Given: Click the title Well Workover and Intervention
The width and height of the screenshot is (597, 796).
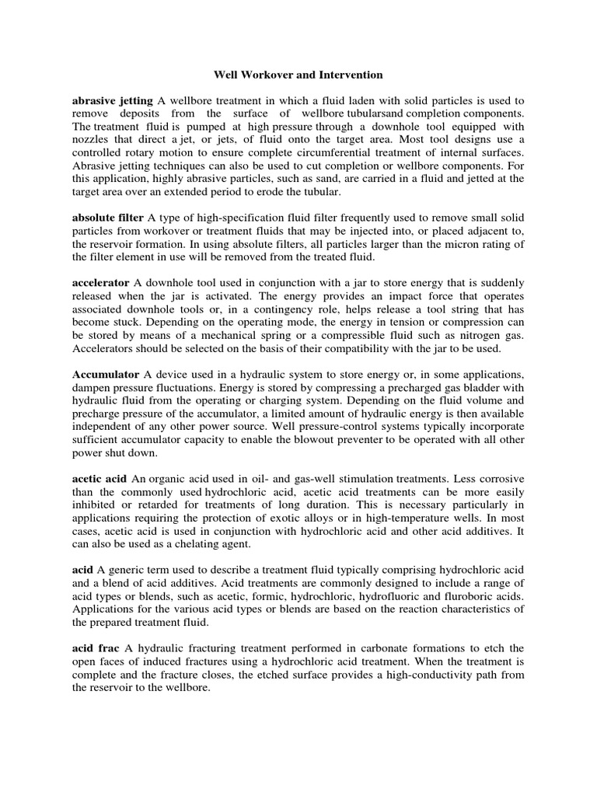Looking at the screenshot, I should pyautogui.click(x=298, y=75).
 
